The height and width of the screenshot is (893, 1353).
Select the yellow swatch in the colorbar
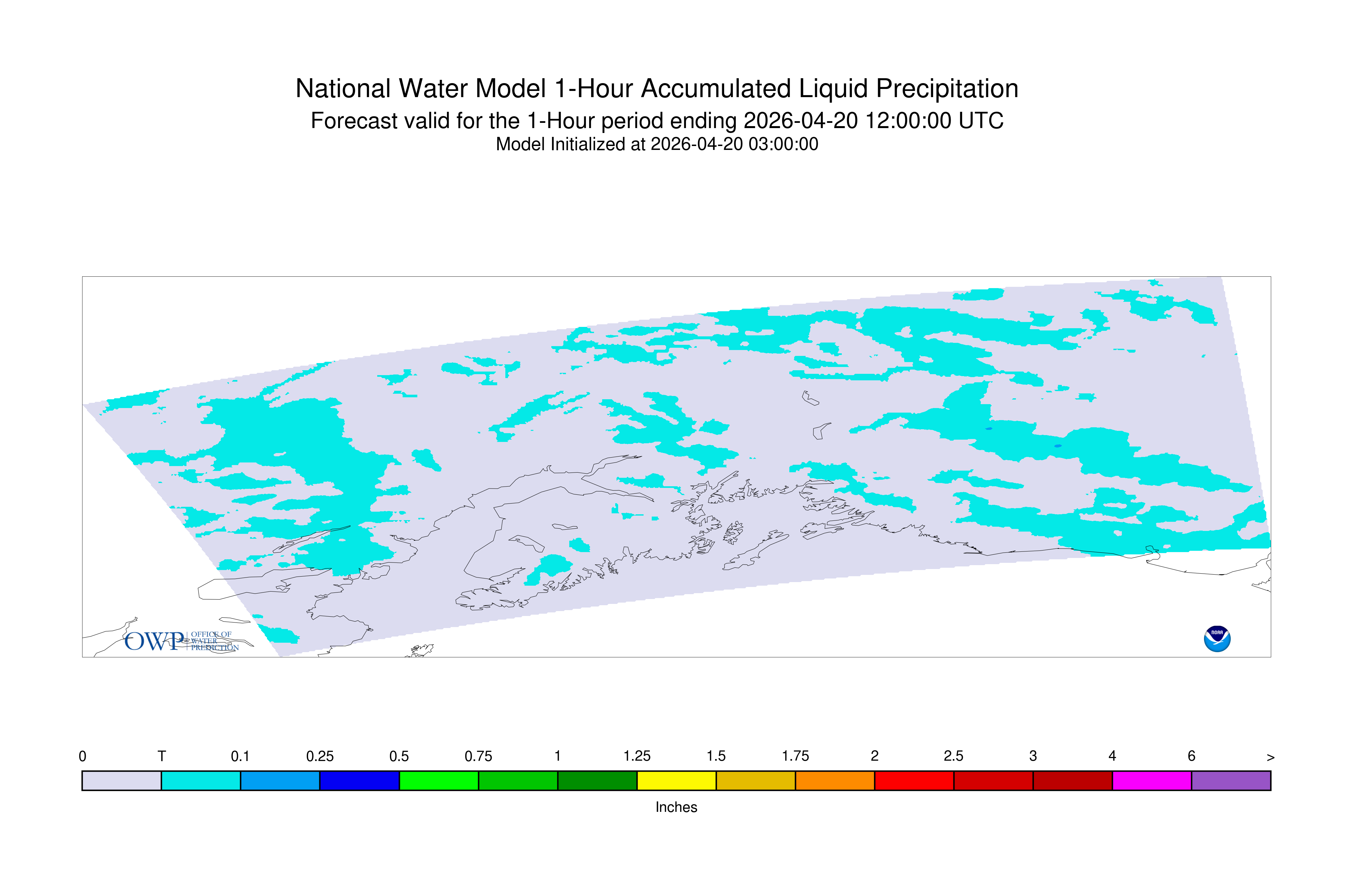(676, 781)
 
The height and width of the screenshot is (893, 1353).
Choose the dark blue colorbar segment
(360, 781)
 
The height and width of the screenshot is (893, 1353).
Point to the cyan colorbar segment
(201, 781)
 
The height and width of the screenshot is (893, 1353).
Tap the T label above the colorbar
(162, 756)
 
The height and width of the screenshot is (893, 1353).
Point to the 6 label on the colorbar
(1191, 756)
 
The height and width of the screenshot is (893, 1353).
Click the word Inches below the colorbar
(676, 807)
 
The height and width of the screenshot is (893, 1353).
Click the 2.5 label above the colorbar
(954, 756)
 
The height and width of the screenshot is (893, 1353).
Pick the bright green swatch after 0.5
(439, 781)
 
